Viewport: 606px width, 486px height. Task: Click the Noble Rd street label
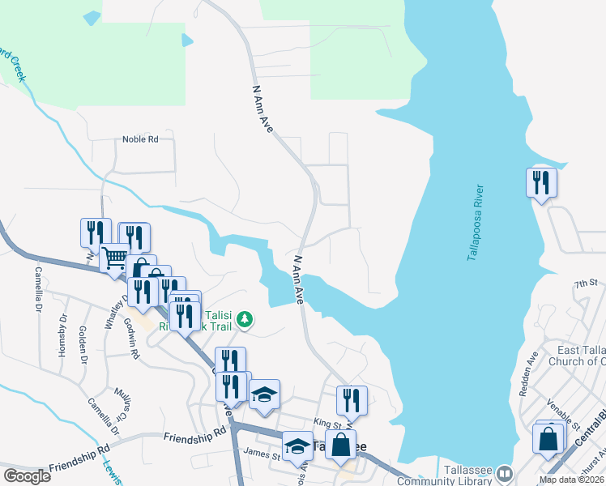[140, 139]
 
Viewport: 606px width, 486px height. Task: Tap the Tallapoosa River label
[476, 223]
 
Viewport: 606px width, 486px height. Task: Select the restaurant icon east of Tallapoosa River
[541, 183]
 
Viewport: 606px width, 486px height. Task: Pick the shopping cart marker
[114, 258]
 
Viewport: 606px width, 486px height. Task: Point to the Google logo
[27, 476]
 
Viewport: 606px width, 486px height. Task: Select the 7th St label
[585, 284]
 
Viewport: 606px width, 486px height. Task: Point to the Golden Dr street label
[83, 344]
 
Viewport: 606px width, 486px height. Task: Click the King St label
[329, 424]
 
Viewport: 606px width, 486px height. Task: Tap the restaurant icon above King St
[352, 400]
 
